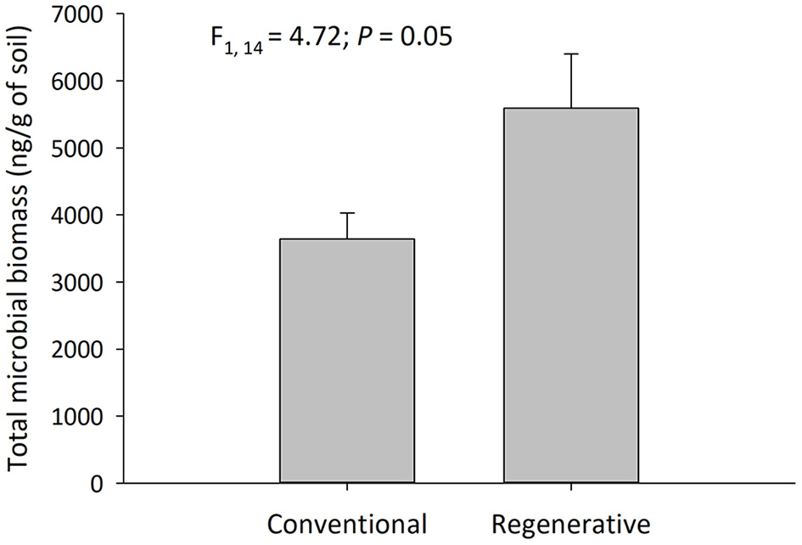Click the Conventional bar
(347, 361)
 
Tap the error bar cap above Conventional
(347, 213)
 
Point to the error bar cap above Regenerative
(570, 54)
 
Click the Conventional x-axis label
(347, 521)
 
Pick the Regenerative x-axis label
(570, 521)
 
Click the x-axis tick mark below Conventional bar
(347, 488)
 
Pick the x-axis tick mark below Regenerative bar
(570, 488)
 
